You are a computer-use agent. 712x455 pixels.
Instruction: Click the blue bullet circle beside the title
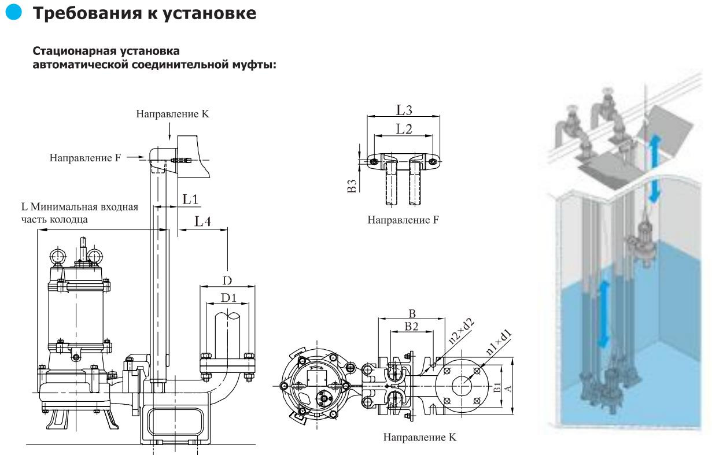[13, 12]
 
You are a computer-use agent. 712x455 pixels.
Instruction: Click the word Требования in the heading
[87, 13]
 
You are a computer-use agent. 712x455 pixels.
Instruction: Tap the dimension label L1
[190, 199]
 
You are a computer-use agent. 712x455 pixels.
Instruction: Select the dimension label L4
[202, 221]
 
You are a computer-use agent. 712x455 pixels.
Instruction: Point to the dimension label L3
[404, 110]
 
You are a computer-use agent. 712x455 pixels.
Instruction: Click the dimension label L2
[404, 129]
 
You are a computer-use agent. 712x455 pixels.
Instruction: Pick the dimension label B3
[351, 186]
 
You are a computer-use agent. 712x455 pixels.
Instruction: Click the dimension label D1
[228, 298]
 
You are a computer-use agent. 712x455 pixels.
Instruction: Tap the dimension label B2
[411, 326]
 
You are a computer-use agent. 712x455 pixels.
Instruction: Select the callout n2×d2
[461, 331]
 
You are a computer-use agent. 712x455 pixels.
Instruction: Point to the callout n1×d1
[499, 342]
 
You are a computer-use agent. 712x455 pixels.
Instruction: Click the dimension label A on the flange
[508, 389]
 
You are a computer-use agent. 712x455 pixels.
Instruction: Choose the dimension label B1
[498, 387]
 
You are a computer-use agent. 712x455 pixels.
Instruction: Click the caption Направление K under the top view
[419, 437]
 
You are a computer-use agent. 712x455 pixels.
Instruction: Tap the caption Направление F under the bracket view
[403, 220]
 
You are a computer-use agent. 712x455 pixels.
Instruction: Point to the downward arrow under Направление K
[169, 131]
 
